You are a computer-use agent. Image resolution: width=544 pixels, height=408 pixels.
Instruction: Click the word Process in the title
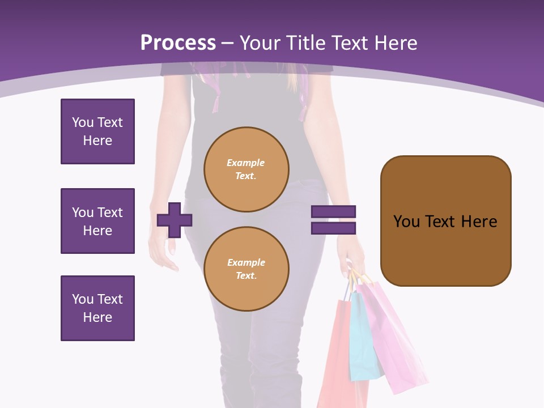coord(178,43)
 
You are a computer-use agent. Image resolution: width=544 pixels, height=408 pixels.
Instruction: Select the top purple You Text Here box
coord(97,131)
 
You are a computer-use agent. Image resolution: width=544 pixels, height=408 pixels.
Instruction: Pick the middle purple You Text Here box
coord(97,221)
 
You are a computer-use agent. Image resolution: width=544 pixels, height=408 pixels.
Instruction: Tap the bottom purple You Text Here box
coord(97,308)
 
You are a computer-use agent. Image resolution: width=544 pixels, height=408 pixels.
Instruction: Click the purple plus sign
coord(175,220)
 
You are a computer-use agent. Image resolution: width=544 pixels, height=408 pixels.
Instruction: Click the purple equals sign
coord(333,220)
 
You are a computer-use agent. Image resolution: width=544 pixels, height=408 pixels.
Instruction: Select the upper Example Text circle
coord(246,169)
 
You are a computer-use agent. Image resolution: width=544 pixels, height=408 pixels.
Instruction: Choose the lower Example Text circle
coord(246,269)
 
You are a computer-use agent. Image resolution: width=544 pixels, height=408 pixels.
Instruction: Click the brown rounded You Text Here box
coord(445,221)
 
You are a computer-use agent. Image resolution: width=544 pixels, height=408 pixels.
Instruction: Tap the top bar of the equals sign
coord(333,211)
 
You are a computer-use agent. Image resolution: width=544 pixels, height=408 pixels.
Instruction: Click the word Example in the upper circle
coord(246,163)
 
